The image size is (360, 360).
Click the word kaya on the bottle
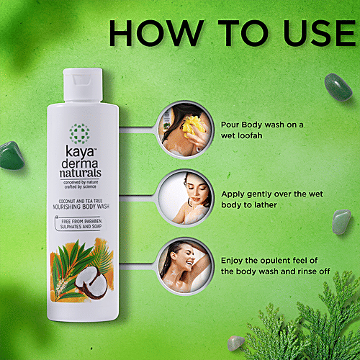pyautogui.click(x=79, y=153)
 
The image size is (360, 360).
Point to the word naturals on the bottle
pyautogui.click(x=81, y=174)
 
